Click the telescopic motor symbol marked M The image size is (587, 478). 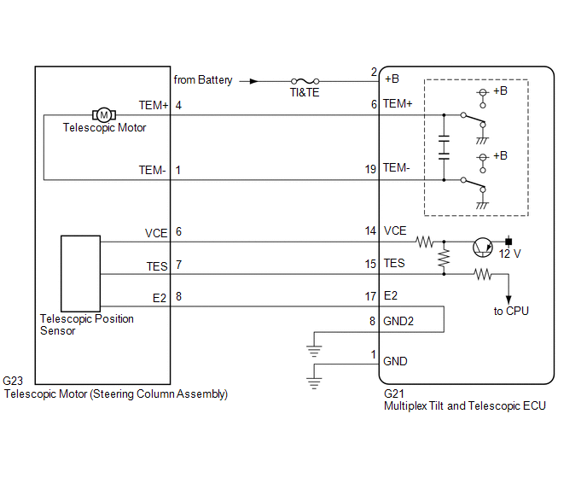[x=104, y=115]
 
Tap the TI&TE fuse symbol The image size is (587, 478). [x=305, y=81]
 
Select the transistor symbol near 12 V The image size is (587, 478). [x=483, y=248]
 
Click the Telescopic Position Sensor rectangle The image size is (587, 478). [x=80, y=273]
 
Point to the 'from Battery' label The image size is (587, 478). [x=203, y=80]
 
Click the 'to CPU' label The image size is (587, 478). [x=511, y=311]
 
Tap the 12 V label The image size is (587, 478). [x=509, y=254]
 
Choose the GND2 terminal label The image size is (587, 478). [x=398, y=321]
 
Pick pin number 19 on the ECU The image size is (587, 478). [x=370, y=169]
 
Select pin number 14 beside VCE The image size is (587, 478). [x=370, y=230]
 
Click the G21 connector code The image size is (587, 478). [x=394, y=393]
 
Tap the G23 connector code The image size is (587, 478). [x=13, y=381]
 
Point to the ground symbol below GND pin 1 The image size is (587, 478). [x=314, y=383]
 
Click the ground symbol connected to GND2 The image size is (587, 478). [x=314, y=351]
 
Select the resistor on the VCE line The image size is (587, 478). [x=425, y=242]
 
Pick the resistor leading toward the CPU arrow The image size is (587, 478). [x=483, y=274]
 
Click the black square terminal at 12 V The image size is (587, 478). [x=509, y=242]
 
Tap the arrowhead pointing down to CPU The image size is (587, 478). [x=509, y=300]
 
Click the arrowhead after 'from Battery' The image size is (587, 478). [x=253, y=81]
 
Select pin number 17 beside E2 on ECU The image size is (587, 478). [x=370, y=297]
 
